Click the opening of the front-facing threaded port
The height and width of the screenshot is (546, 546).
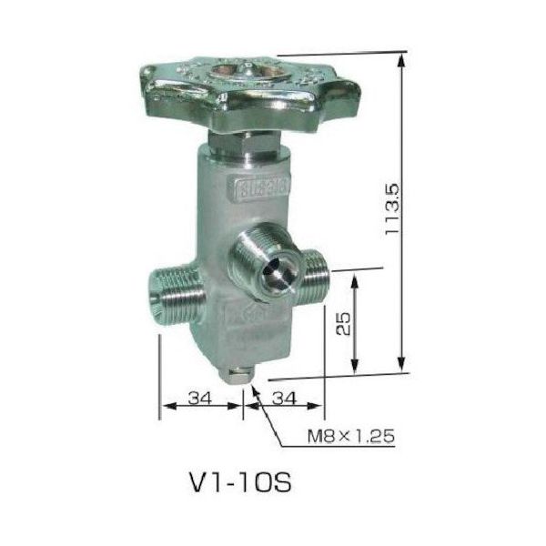[x=272, y=268]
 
